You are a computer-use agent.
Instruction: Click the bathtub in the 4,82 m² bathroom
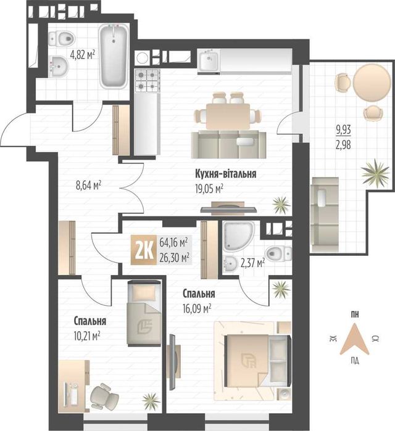coord(114,56)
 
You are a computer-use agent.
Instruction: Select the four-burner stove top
coord(148,80)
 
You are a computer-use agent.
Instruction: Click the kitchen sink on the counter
coord(209,61)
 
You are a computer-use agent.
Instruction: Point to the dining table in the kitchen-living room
coord(228,116)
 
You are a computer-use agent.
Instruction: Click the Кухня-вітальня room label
coord(226,174)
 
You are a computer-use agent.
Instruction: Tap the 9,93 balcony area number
coord(343,129)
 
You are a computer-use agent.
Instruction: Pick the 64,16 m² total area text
coord(173,242)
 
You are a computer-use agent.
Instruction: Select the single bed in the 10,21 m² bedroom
coord(144,313)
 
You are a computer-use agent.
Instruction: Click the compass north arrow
coord(354,339)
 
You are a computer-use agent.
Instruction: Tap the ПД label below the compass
coord(355,361)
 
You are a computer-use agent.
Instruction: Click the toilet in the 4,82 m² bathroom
coord(62,38)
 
